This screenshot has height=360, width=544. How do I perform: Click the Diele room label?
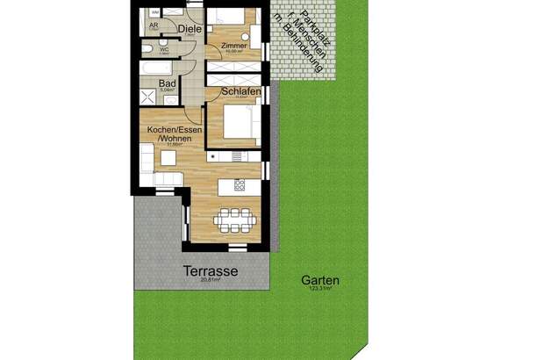tap(187, 29)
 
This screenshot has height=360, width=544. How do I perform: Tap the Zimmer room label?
tap(233, 46)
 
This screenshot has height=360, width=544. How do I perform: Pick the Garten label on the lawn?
tap(320, 281)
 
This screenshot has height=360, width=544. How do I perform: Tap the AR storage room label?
tap(154, 26)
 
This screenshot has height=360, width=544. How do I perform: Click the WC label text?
tap(164, 50)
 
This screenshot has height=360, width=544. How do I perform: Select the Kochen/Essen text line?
tap(167, 131)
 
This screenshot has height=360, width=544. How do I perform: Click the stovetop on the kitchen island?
tap(239, 184)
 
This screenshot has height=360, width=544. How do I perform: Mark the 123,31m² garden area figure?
tap(319, 290)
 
